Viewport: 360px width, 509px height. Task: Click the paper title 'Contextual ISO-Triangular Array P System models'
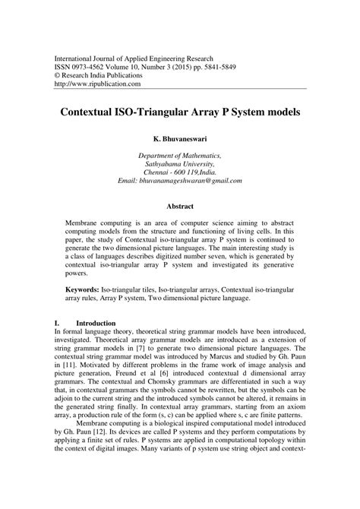(180, 111)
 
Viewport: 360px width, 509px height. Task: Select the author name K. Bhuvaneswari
(180, 141)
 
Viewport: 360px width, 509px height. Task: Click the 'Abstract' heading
(180, 207)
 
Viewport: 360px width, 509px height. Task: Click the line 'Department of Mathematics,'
(180, 154)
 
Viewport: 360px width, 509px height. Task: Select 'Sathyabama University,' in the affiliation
(180, 163)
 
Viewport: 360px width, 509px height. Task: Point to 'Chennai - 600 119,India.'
(180, 172)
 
